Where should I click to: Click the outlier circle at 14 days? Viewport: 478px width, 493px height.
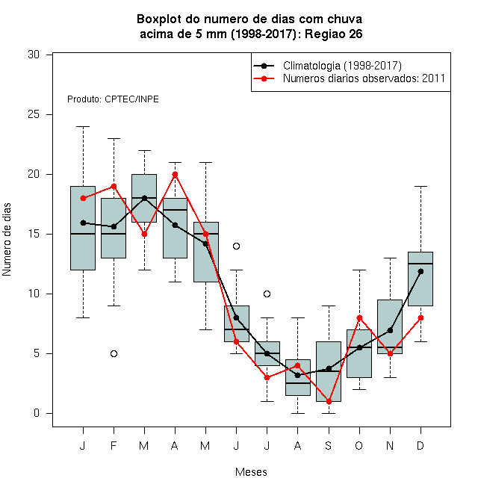236,246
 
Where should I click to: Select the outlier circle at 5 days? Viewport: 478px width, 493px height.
114,354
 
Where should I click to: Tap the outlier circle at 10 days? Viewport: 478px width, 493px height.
267,294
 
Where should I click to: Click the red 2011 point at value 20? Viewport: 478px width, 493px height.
176,175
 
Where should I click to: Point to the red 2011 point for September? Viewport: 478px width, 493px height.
329,402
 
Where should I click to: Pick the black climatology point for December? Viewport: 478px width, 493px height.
420,271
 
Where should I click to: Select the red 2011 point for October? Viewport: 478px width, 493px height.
359,318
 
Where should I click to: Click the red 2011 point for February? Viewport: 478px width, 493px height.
114,187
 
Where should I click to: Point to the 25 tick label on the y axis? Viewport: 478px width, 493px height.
34,114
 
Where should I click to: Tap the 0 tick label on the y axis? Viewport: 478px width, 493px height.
37,413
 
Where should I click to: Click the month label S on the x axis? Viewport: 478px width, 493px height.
329,445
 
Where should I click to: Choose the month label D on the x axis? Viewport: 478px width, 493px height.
420,445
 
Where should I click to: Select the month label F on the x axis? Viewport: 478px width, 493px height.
114,445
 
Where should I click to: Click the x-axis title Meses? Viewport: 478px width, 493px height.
251,472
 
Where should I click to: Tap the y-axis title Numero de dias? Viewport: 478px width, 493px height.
7,240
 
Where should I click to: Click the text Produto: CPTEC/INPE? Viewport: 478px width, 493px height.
113,99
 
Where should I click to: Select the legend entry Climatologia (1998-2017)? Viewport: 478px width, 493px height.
342,66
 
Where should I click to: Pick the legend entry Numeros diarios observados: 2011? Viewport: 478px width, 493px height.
364,78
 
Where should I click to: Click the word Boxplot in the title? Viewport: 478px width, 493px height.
159,19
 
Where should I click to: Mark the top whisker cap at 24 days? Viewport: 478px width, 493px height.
84,127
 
